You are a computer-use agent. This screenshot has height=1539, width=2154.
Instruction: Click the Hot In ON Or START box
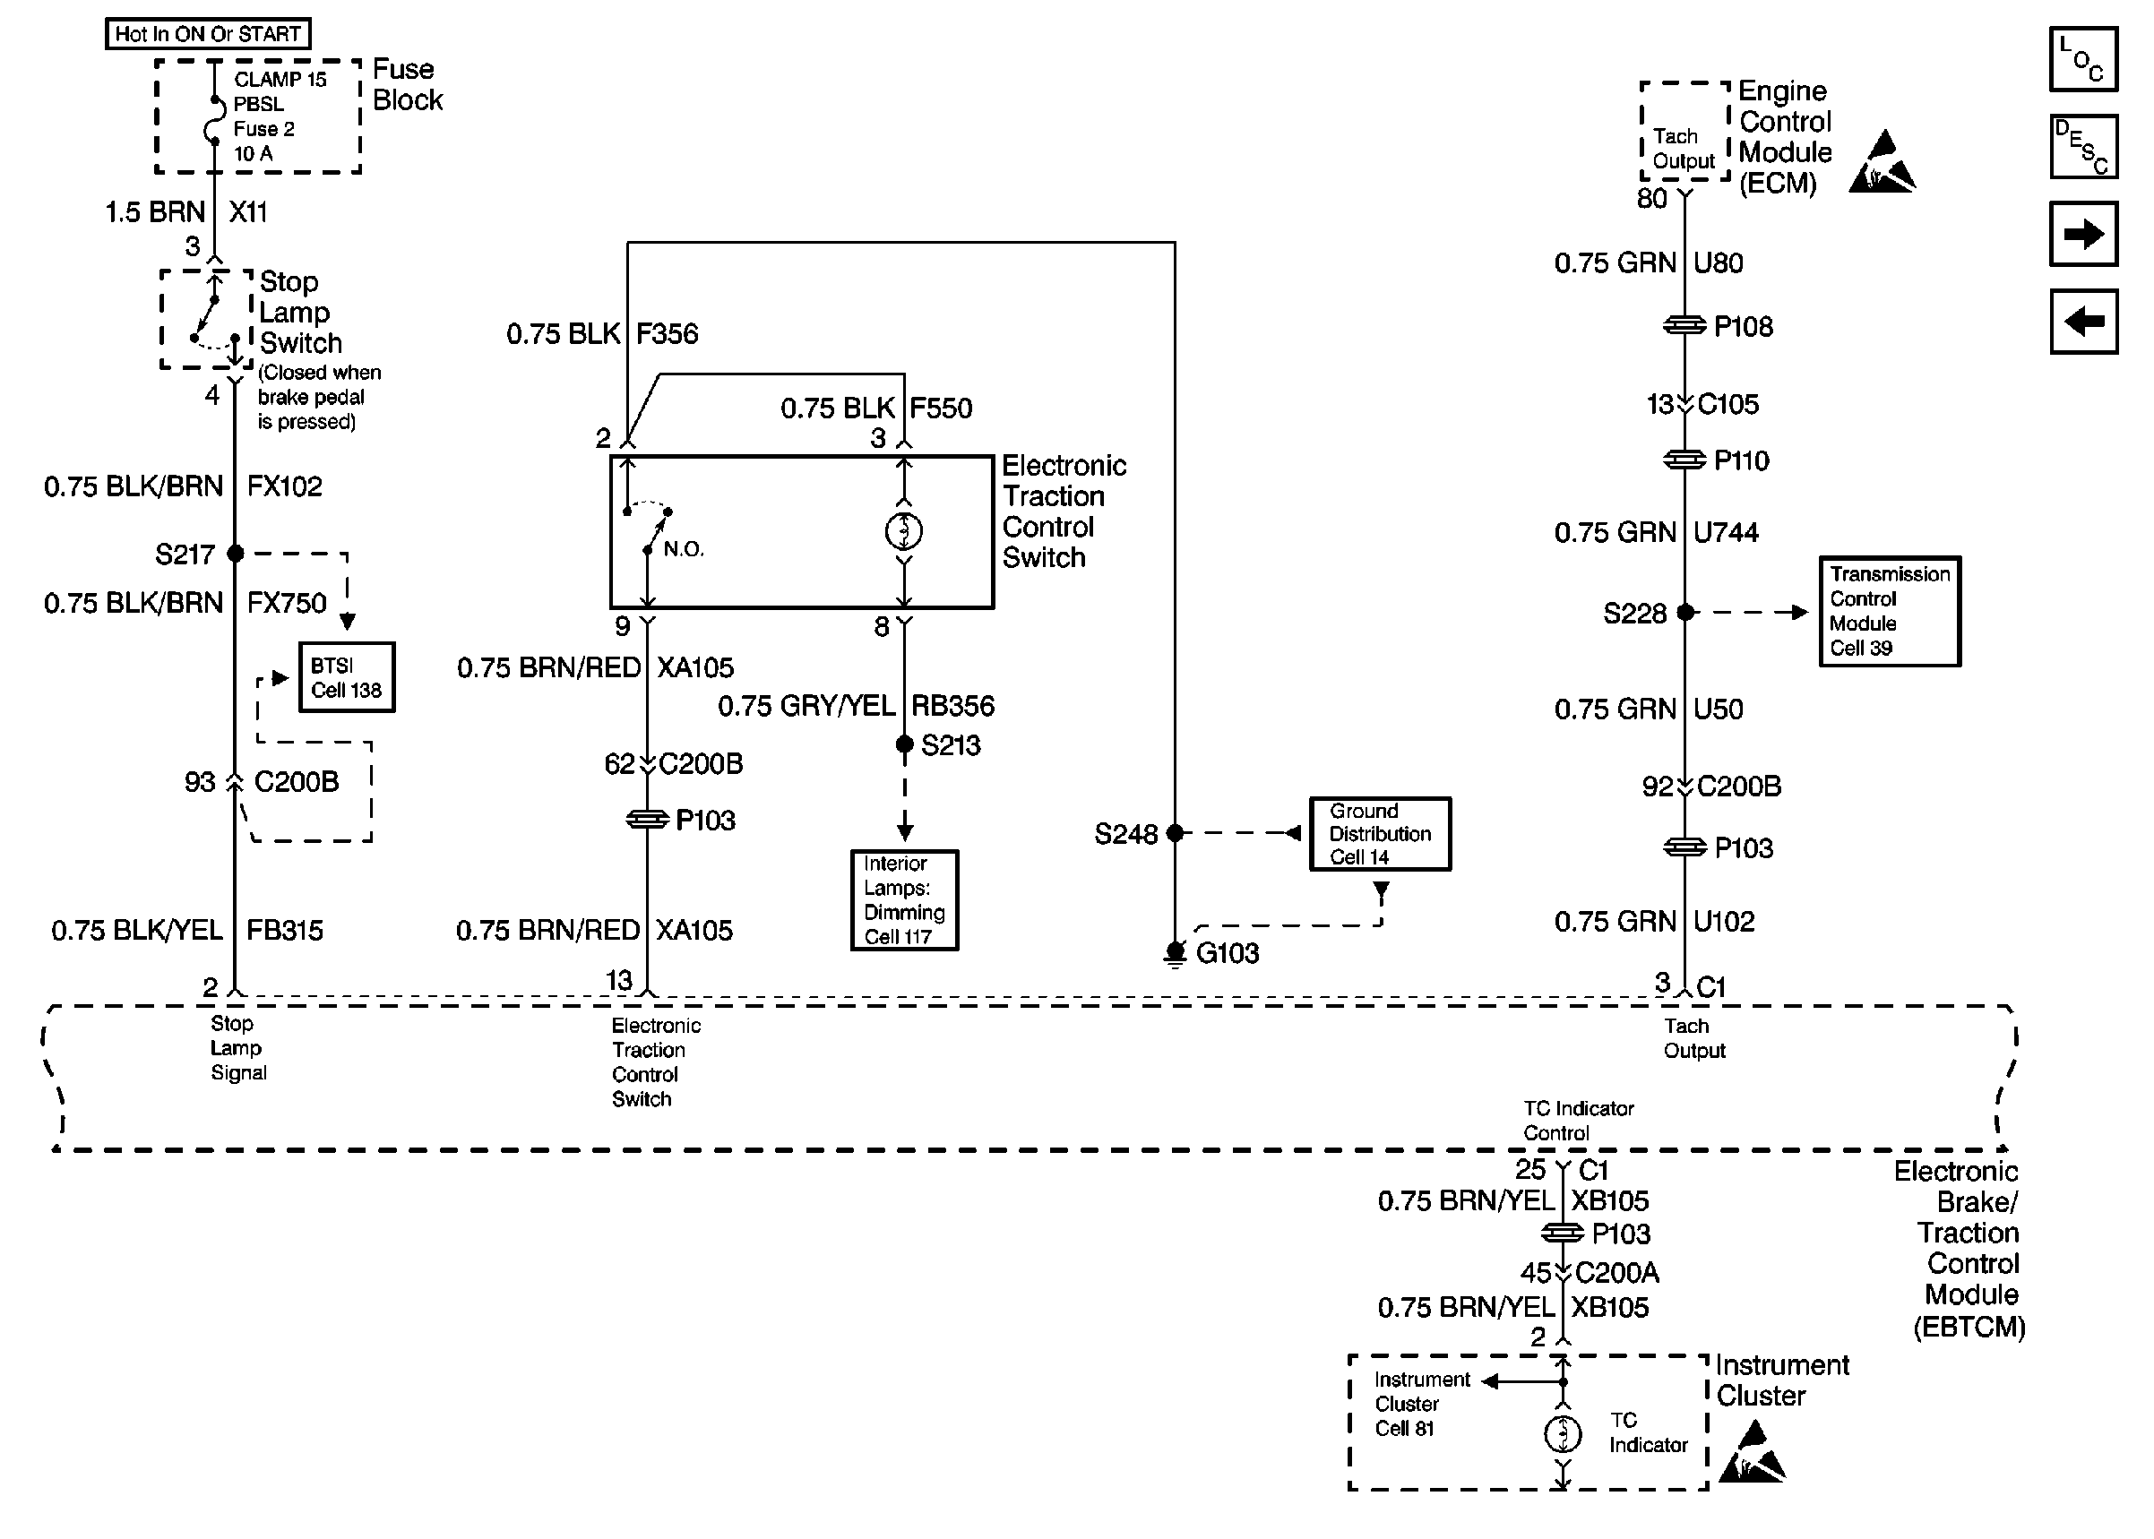coord(208,34)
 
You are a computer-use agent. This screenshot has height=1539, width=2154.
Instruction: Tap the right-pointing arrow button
coord(2083,234)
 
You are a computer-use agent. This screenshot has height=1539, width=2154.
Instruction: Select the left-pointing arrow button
coord(2083,322)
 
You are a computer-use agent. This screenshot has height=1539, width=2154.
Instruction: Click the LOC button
coord(2083,60)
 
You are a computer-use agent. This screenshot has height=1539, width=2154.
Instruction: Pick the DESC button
coord(2083,147)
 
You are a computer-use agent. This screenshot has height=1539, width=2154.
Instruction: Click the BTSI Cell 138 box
coord(347,677)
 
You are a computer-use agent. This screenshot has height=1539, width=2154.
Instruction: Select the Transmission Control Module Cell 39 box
coord(1890,611)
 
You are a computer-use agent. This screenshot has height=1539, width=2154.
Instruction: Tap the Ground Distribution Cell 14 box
coord(1380,834)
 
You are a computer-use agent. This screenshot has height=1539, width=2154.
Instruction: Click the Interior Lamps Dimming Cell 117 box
coord(904,900)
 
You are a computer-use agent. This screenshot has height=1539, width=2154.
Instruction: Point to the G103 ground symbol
coord(1175,953)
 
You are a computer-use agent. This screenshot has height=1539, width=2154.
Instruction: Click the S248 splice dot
coord(1175,833)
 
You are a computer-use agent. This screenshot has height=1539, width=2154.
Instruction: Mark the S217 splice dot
coord(235,554)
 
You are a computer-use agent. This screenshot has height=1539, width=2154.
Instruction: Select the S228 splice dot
coord(1684,612)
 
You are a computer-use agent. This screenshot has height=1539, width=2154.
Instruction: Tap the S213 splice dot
coord(904,744)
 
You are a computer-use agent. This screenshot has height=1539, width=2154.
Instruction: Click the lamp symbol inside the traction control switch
coord(904,531)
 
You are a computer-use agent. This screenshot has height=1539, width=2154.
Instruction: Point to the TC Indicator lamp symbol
coord(1563,1434)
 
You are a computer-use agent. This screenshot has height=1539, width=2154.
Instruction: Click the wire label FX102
coord(284,487)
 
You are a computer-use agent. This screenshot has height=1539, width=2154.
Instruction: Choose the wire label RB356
coord(952,706)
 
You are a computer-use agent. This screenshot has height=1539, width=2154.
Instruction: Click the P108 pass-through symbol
coord(1684,326)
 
